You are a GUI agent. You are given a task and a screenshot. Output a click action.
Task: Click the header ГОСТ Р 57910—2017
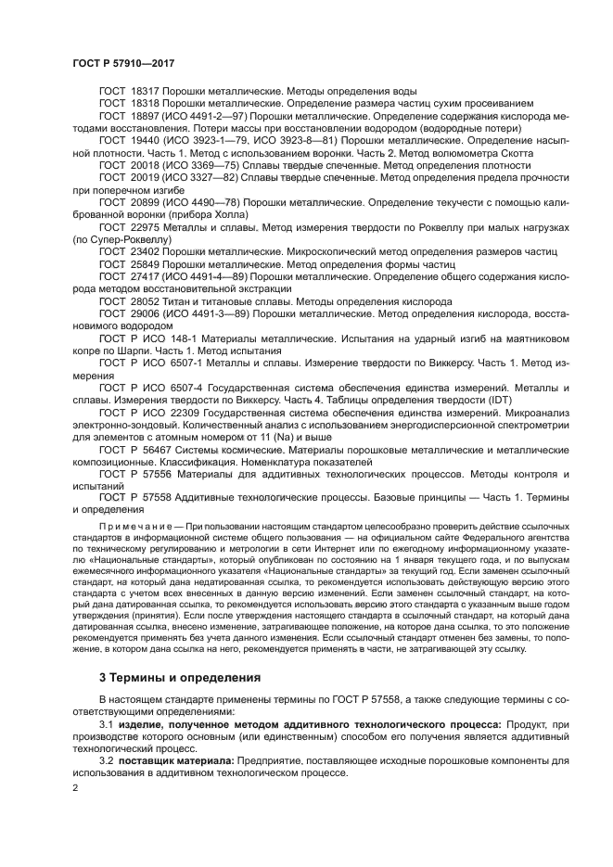[x=123, y=63]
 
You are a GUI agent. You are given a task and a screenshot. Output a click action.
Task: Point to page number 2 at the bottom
[x=75, y=786]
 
